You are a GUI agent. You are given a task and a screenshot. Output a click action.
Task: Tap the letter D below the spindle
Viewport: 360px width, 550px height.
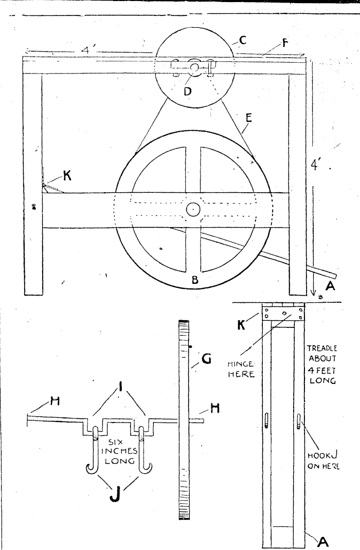187,91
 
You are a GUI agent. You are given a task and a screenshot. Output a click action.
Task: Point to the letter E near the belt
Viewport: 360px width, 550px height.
248,118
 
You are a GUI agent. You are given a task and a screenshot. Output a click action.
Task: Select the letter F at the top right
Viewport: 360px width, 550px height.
285,44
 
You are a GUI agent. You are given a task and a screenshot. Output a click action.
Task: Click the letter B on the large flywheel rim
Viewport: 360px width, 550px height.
195,280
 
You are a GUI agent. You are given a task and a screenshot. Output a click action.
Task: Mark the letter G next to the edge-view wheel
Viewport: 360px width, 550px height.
207,359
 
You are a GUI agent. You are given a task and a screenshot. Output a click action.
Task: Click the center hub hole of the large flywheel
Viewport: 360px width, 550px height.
193,209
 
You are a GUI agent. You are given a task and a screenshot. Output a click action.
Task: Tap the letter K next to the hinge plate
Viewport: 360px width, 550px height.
241,325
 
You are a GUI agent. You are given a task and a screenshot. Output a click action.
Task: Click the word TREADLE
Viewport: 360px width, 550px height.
322,349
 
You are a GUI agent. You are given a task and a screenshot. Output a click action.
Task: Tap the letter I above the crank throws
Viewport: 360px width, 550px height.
121,387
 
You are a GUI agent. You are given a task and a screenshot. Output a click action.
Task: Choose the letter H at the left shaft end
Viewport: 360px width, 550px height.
55,401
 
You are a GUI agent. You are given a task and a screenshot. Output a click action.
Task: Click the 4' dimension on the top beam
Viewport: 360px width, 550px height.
86,49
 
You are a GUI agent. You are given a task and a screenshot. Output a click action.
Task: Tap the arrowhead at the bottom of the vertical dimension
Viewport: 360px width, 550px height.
313,293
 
